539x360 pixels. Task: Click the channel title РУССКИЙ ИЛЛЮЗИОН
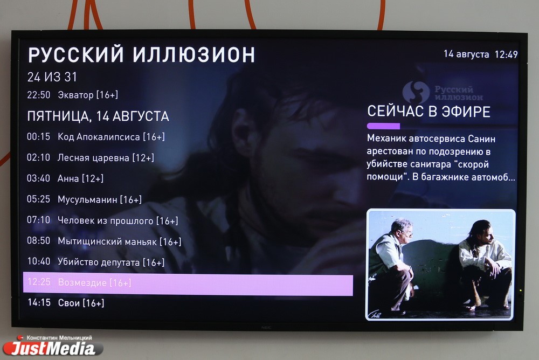coord(141,54)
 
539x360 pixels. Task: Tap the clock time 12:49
coord(506,54)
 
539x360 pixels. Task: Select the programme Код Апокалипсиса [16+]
coord(111,137)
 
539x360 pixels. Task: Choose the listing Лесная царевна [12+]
coord(106,158)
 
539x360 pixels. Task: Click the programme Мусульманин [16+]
coord(99,199)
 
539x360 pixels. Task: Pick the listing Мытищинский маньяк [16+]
coord(119,241)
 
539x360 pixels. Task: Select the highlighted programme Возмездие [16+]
coord(94,282)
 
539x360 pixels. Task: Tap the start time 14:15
coord(39,302)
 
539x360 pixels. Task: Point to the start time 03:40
coord(38,178)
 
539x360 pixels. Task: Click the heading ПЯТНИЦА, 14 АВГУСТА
coord(98,116)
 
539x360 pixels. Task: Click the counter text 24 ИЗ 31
coord(52,77)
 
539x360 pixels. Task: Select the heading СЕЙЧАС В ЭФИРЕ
coord(429,112)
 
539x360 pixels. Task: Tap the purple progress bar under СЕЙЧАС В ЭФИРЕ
coord(383,126)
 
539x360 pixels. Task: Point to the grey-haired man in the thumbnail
coord(393,265)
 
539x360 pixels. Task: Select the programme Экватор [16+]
coord(88,95)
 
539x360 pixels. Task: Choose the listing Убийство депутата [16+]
coord(111,262)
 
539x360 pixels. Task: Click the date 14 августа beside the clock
coord(466,54)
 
